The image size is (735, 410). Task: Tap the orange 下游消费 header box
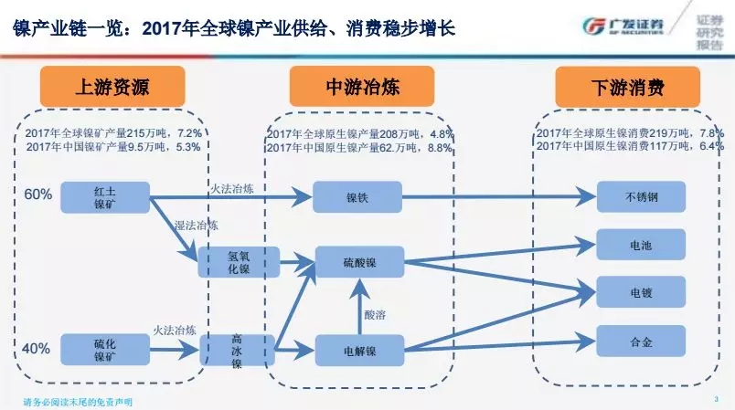(x=628, y=88)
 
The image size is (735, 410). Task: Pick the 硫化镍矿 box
(x=104, y=348)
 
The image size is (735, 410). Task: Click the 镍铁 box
(x=357, y=194)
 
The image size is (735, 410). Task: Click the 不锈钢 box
(x=641, y=196)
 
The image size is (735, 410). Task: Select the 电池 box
(x=641, y=245)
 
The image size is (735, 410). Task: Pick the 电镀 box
(x=641, y=294)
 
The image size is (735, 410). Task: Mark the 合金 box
(x=641, y=343)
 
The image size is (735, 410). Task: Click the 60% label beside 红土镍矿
(x=37, y=194)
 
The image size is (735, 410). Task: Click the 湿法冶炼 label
(x=196, y=225)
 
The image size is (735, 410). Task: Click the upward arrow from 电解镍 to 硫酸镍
(x=358, y=306)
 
